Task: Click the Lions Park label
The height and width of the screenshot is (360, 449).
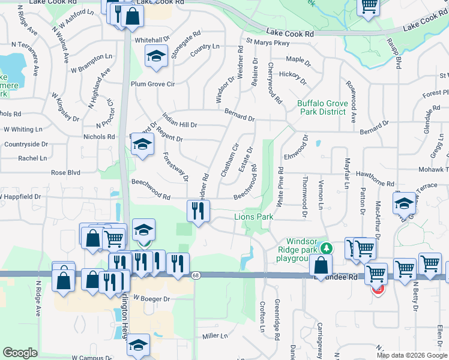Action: tap(253, 217)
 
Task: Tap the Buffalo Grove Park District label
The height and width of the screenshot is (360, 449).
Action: tap(322, 107)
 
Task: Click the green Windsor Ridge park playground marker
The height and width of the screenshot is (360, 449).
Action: tap(326, 247)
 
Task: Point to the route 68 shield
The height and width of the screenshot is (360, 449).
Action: tap(196, 275)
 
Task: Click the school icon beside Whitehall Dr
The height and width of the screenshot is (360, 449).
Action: tap(156, 56)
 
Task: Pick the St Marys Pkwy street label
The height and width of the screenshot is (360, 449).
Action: tap(268, 43)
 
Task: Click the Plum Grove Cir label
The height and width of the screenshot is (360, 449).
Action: tap(152, 84)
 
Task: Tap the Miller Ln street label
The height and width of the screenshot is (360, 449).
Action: tap(215, 336)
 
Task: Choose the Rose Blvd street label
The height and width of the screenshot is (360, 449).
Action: tap(65, 172)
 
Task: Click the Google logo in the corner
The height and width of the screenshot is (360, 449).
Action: tap(20, 353)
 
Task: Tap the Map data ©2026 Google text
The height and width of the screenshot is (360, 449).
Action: tap(412, 355)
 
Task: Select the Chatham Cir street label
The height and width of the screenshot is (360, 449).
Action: tap(230, 160)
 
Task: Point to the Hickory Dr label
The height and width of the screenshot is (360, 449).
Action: tap(293, 77)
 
